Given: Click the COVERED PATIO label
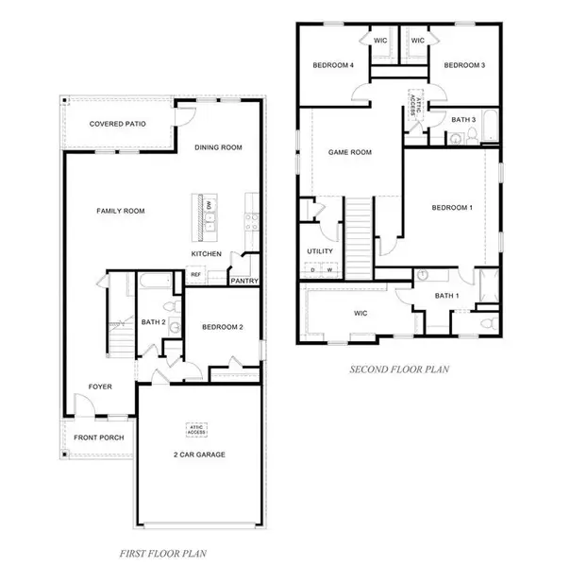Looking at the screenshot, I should click(x=117, y=124).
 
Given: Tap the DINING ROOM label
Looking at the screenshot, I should click(x=219, y=147).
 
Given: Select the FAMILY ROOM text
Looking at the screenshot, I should click(x=120, y=211).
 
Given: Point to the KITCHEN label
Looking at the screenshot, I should click(x=207, y=254).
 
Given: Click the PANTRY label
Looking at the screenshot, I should click(x=245, y=280).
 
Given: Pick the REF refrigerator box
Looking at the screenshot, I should click(x=196, y=276).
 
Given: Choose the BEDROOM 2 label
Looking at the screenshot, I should click(x=223, y=327).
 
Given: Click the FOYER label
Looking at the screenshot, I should click(x=101, y=386).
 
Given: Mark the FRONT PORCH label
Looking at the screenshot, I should click(x=99, y=438).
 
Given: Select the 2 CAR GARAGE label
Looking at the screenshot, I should click(x=198, y=455).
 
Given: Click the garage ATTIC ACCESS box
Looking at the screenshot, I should click(x=197, y=428).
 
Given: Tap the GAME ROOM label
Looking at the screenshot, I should click(x=349, y=151).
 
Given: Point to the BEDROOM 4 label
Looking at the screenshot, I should click(x=334, y=65).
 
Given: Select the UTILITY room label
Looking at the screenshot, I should click(x=321, y=250).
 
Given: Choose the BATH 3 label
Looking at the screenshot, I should click(x=462, y=120).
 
